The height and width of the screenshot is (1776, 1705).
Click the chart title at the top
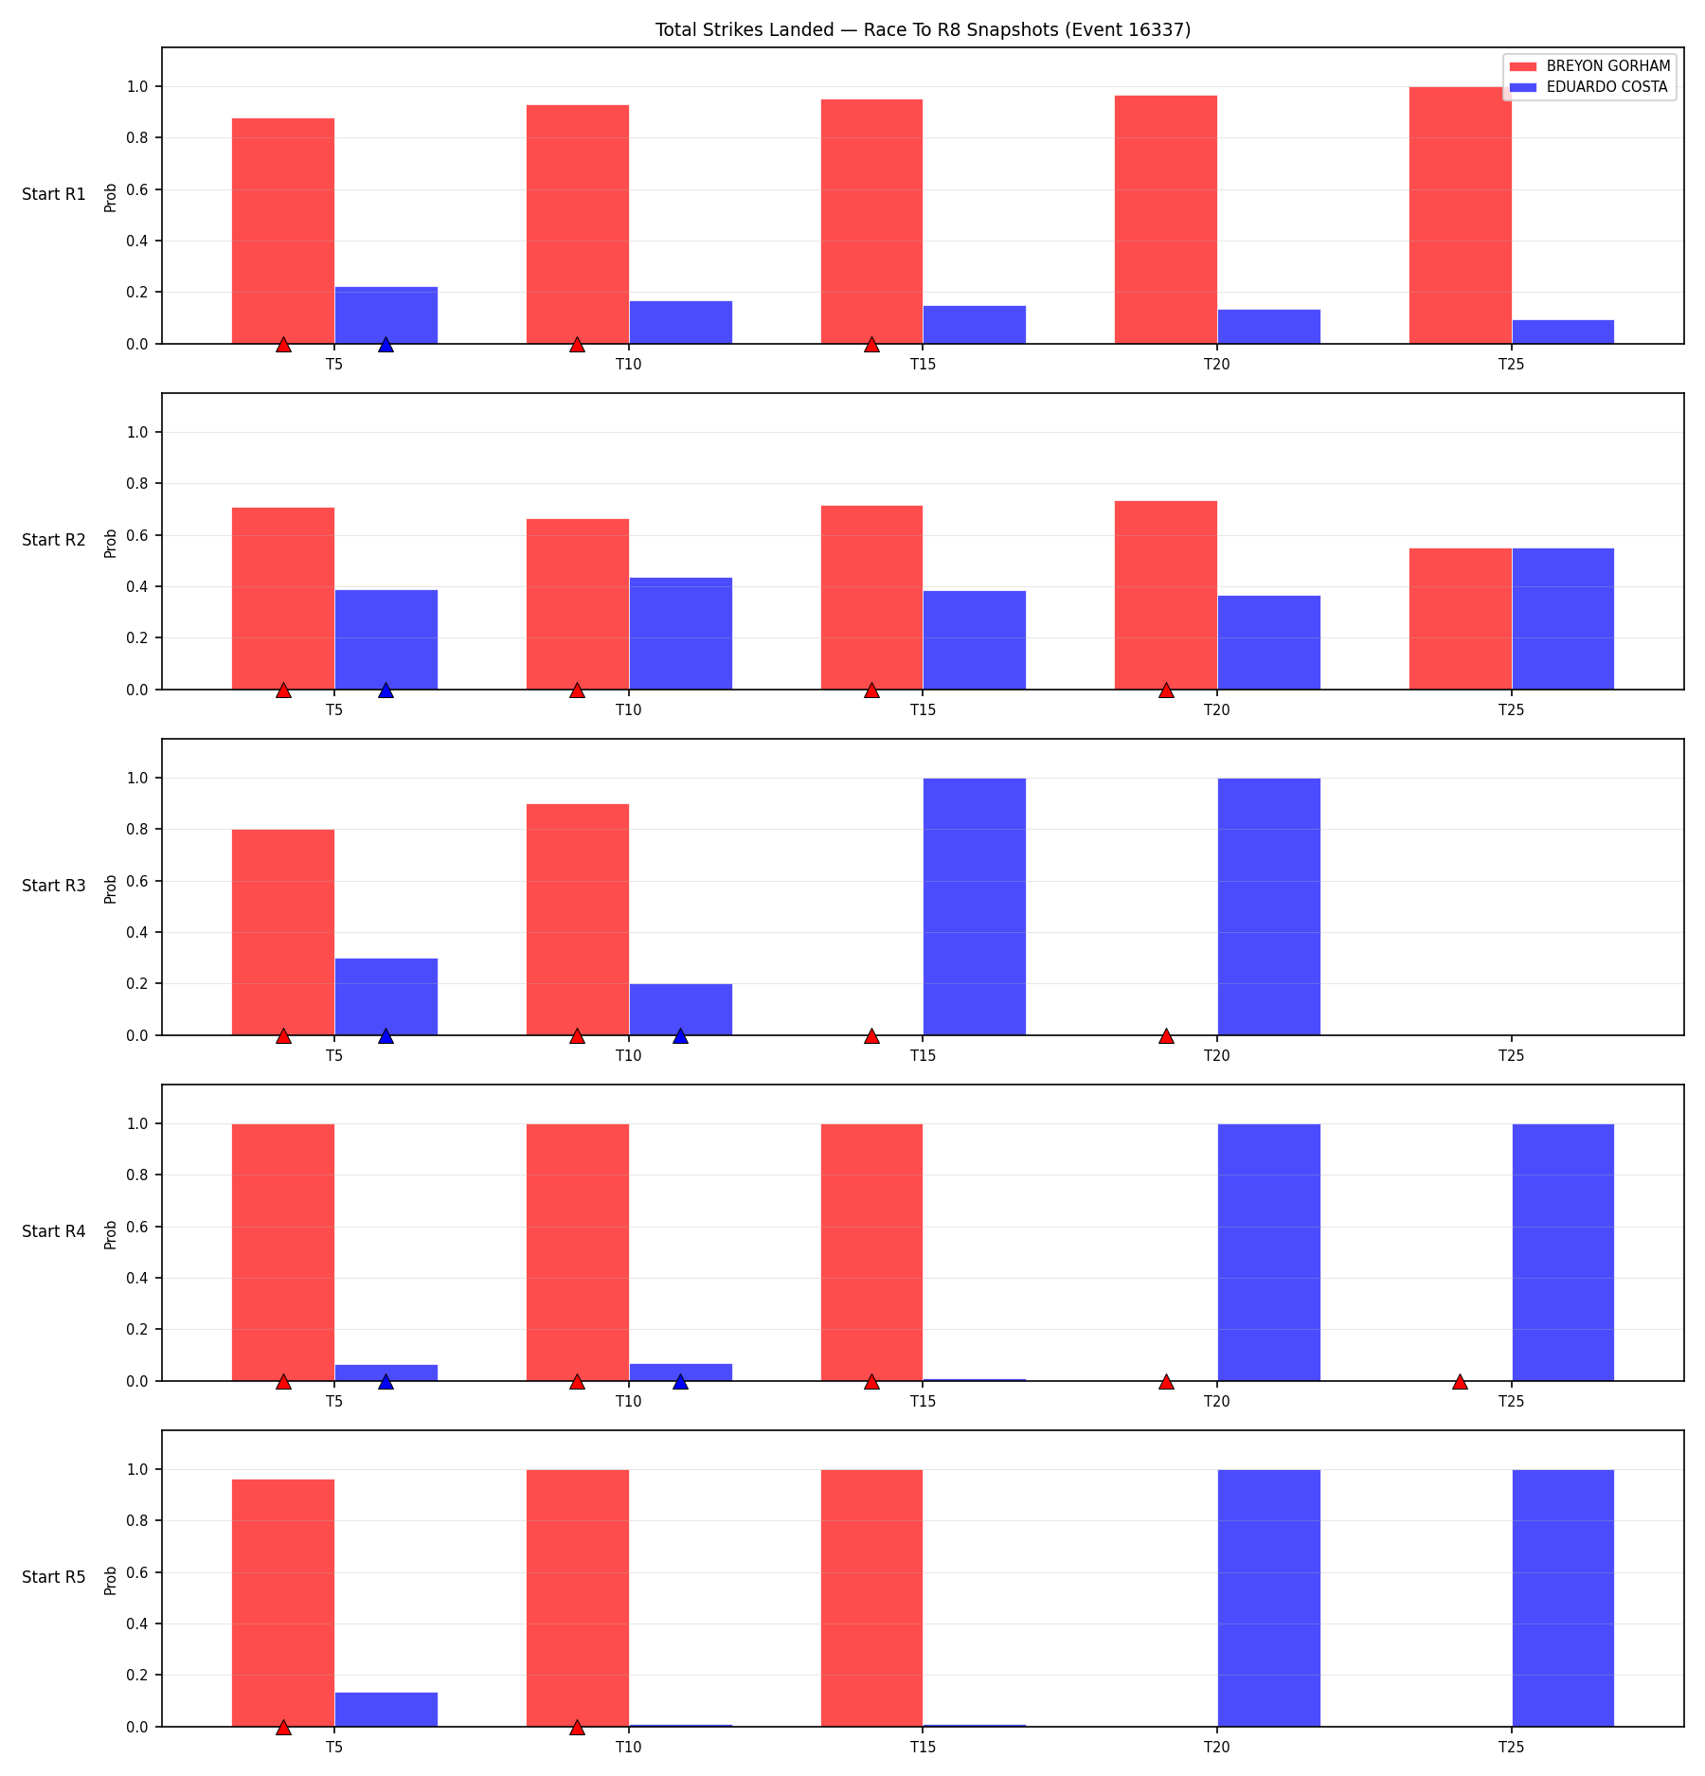coord(923,29)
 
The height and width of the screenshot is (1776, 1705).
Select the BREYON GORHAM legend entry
coord(1589,66)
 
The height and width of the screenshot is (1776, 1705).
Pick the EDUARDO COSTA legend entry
coord(1588,87)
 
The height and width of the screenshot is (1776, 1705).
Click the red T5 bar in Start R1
coord(283,231)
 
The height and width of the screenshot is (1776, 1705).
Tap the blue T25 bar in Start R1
coord(1563,332)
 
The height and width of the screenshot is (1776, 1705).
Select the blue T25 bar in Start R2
coord(1563,619)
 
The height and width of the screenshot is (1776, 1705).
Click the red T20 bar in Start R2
coord(1166,595)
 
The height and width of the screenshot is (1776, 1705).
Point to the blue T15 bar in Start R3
coord(975,906)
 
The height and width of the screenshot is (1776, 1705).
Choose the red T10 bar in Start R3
coord(578,920)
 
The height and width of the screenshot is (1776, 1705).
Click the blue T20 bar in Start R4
coord(1269,1252)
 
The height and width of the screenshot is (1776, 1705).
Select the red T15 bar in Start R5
coord(871,1598)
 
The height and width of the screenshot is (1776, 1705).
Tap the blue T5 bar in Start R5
coord(386,1710)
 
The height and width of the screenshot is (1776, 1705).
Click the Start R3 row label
coord(54,886)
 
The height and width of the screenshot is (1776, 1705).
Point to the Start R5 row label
coord(54,1577)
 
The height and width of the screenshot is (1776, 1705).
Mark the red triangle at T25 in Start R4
coord(1460,1382)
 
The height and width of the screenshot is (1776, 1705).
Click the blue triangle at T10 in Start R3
coord(680,1036)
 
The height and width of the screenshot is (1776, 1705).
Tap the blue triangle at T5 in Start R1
coord(386,345)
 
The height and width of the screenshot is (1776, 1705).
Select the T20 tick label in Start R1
coord(1217,364)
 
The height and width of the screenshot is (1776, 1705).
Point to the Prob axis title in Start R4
coord(111,1235)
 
